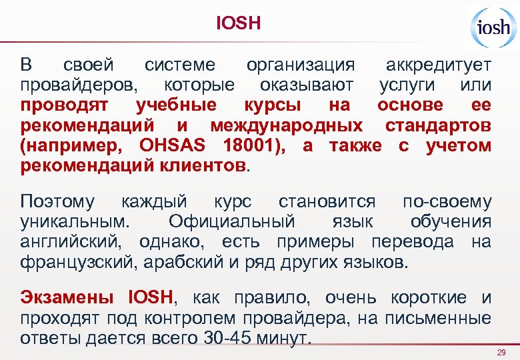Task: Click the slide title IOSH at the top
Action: [239, 24]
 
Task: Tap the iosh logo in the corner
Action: [492, 27]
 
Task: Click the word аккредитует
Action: [439, 65]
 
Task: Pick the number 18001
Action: [250, 145]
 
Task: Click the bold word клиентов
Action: [199, 165]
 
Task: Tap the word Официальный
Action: [231, 221]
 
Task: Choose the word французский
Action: [79, 261]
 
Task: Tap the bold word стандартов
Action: [438, 125]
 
